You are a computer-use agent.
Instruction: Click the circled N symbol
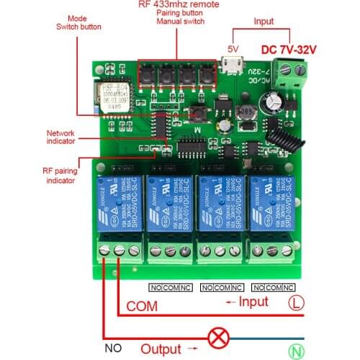coord(294,352)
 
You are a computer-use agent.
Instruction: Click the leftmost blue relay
coord(117,208)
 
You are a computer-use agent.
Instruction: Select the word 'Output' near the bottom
coord(161,348)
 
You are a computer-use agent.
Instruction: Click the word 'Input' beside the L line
coord(253,302)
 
